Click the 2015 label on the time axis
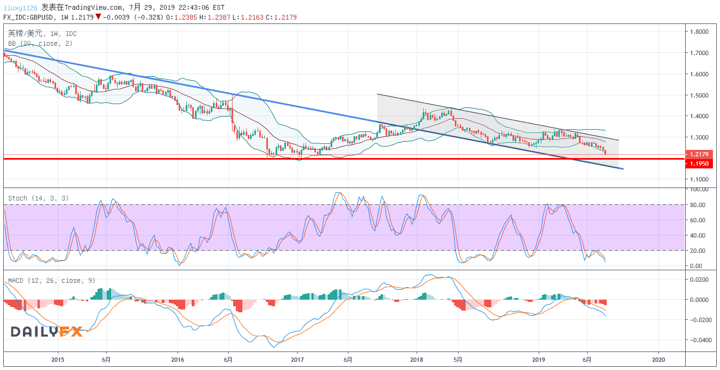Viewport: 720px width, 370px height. (58, 360)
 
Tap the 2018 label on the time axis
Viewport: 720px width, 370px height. (417, 360)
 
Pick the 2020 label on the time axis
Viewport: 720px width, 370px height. (658, 360)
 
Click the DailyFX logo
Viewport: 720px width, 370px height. (47, 331)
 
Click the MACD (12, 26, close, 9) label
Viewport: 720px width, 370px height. (51, 281)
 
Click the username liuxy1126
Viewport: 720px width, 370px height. (21, 8)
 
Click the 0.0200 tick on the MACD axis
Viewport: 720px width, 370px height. (698, 280)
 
